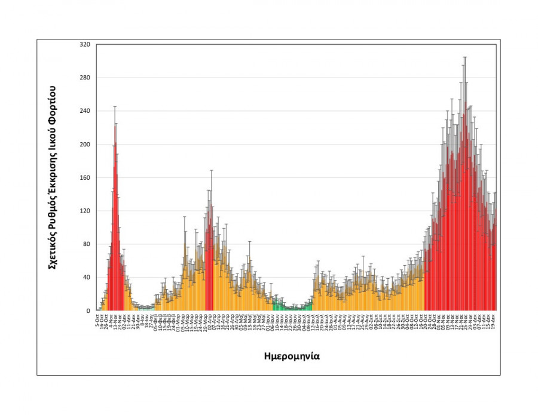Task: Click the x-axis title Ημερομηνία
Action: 292,356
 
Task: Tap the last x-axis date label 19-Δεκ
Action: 493,321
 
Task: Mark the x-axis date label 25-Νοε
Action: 464,321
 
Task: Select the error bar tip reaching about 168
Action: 211,171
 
